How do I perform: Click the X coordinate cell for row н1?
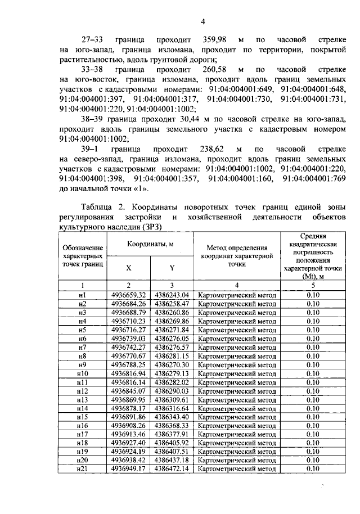pyautogui.click(x=129, y=295)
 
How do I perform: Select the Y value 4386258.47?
pyautogui.click(x=172, y=303)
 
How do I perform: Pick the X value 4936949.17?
pyautogui.click(x=129, y=468)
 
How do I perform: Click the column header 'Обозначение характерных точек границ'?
pyautogui.click(x=83, y=256)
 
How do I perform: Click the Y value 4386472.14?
pyautogui.click(x=172, y=468)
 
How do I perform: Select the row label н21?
pyautogui.click(x=83, y=468)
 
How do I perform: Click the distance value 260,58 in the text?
pyautogui.click(x=213, y=69)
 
